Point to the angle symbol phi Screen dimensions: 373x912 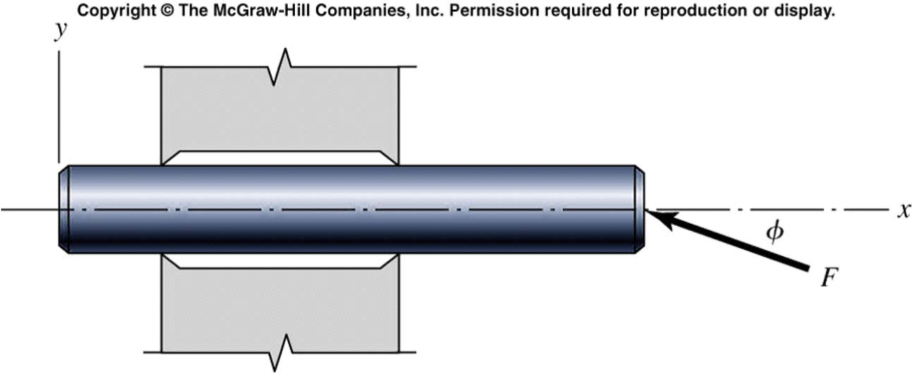click(774, 233)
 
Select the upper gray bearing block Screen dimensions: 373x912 click(280, 113)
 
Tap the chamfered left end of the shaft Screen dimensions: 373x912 click(63, 209)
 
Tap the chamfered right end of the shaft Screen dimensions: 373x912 click(639, 209)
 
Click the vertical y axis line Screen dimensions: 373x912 click(59, 106)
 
